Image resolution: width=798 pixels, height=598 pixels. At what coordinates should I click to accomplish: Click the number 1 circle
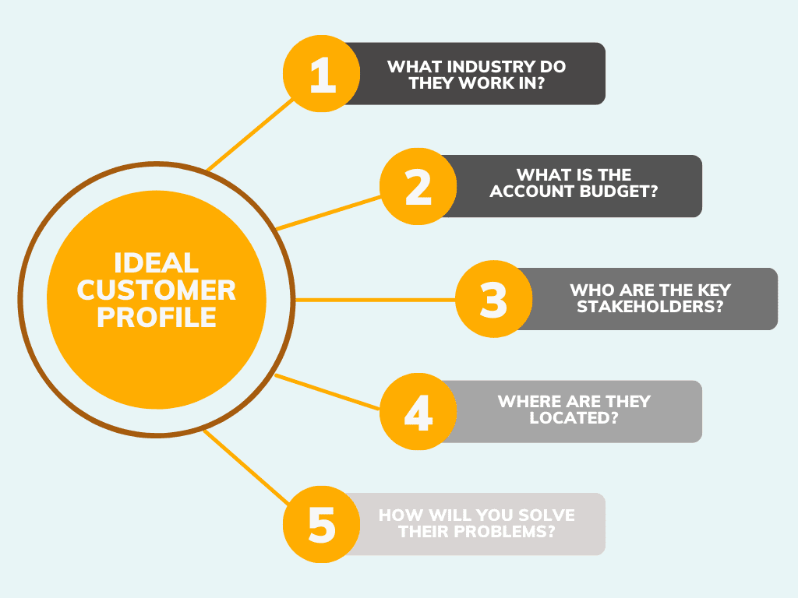coord(320,74)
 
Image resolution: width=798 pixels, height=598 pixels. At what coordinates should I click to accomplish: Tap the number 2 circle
coord(418,187)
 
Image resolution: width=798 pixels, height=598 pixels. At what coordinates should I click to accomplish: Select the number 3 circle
coord(493,299)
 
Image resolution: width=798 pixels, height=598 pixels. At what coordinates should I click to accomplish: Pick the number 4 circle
coord(418,411)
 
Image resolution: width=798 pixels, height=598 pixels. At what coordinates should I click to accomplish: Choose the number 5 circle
coord(320,524)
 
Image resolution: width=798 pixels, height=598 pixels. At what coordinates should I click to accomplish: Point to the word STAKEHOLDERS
coord(651,306)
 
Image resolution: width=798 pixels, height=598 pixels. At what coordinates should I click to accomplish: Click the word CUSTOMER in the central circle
coord(157,290)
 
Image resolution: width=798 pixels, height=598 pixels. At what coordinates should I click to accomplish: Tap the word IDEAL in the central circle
coord(157,262)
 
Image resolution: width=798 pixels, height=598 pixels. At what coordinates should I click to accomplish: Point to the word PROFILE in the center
coord(157,318)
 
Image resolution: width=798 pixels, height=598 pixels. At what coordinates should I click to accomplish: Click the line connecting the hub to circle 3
coord(374,299)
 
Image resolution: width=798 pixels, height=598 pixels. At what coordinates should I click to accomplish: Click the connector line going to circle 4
coord(327,392)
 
